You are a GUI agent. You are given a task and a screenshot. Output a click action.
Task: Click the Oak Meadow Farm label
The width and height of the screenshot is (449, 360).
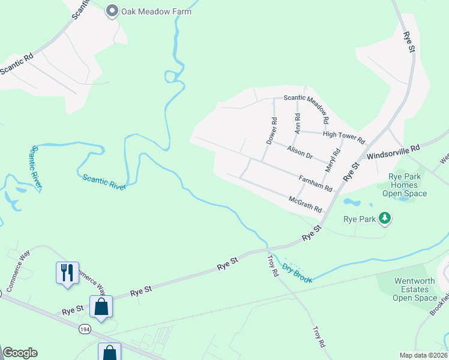157,11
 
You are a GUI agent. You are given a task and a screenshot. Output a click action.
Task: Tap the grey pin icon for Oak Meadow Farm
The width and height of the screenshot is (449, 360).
112,11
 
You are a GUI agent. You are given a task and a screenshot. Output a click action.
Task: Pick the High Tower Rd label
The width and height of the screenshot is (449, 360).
344,137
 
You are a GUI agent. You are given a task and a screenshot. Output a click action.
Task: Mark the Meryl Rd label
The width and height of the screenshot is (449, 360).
333,161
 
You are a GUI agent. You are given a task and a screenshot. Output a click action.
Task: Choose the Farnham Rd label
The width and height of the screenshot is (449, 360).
315,182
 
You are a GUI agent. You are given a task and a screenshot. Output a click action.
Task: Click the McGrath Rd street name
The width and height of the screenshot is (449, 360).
306,204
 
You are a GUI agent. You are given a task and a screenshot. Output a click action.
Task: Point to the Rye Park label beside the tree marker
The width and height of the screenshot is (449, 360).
359,219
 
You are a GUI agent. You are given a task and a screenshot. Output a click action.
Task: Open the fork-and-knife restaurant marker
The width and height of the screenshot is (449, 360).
67,272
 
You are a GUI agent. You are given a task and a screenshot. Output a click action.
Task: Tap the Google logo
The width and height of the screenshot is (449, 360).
20,353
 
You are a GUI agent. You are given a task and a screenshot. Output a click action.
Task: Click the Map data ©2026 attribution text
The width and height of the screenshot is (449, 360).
423,355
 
